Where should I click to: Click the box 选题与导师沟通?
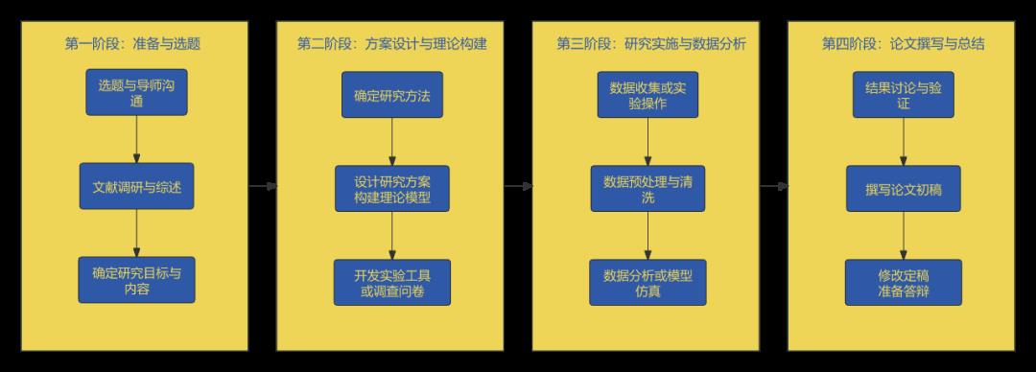tap(136, 93)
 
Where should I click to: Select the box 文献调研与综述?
tap(136, 187)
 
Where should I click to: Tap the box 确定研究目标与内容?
tap(136, 280)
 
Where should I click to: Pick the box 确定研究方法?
tap(391, 95)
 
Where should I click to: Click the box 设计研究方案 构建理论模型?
tap(391, 189)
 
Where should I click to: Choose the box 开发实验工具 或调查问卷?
tap(391, 283)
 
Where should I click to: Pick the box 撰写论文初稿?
tap(903, 189)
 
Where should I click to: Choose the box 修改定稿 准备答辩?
tap(903, 283)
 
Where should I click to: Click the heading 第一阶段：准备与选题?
tap(132, 44)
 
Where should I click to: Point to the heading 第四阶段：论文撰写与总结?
tap(903, 44)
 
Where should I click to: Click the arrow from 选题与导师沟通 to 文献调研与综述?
tap(136, 140)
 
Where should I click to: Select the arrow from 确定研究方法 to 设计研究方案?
tap(391, 142)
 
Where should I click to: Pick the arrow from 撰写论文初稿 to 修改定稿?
tap(903, 236)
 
